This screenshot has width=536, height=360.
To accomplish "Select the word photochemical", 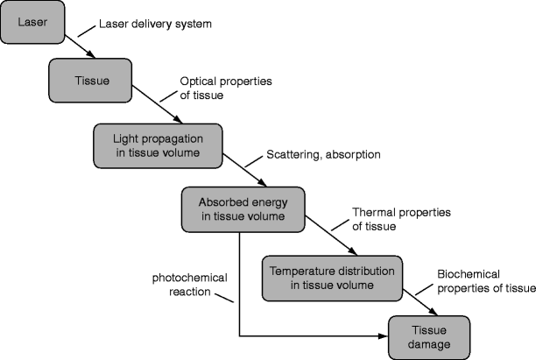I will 187,278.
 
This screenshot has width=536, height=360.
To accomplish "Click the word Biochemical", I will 466,275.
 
